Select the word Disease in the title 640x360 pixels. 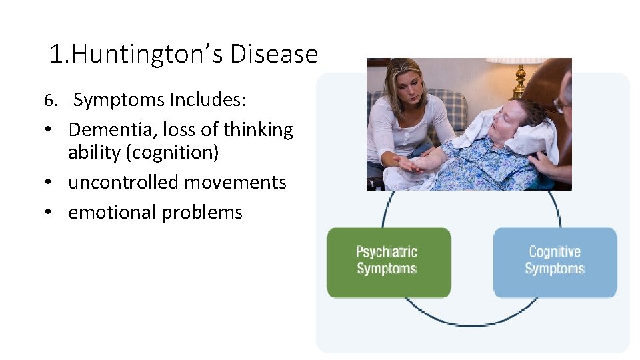tap(274, 54)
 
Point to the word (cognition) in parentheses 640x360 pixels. tap(177, 153)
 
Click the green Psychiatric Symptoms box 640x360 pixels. tap(388, 261)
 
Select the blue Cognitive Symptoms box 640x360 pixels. tap(555, 261)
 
